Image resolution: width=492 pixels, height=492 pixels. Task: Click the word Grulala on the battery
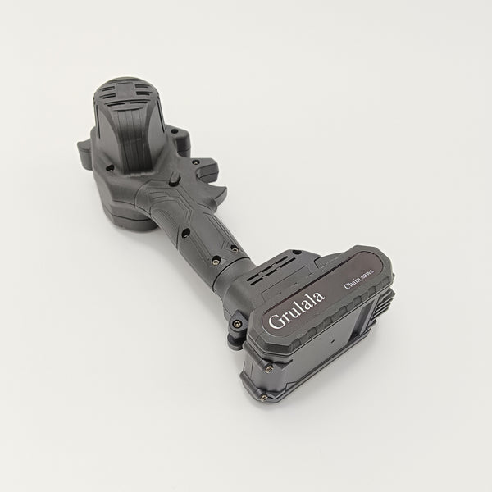[297, 310]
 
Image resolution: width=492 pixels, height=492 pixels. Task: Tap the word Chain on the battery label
[353, 283]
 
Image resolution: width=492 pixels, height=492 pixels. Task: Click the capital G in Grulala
[276, 321]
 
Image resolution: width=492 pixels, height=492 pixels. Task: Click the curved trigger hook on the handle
[216, 192]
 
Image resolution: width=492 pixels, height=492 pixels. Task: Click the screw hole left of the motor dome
[110, 168]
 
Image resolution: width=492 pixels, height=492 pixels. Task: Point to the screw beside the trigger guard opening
[195, 162]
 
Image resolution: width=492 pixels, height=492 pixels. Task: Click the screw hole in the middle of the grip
[186, 233]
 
